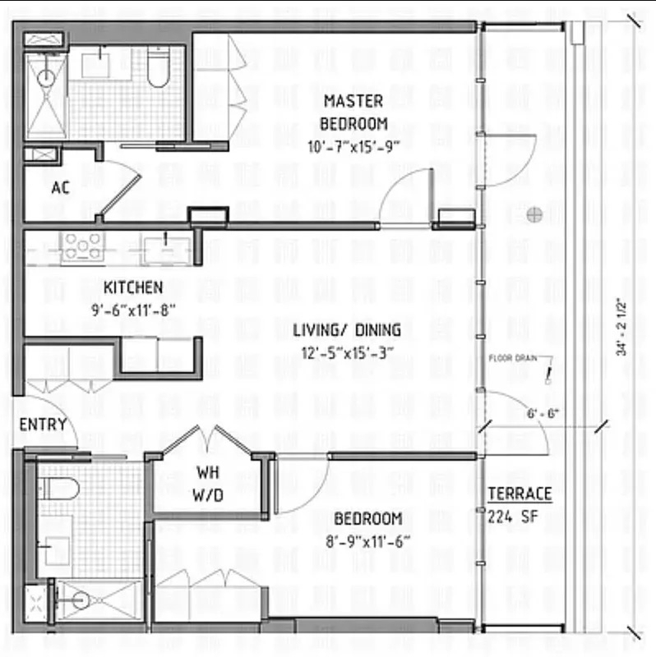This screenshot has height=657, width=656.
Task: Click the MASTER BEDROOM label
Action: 353,113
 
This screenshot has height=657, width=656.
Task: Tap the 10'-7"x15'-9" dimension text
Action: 353,147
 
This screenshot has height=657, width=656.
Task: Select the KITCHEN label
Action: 133,287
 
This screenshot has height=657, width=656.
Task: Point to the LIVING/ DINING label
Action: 346,330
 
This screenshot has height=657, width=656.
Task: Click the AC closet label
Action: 60,188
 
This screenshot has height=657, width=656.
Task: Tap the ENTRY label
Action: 43,425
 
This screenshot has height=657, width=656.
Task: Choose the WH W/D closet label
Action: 208,484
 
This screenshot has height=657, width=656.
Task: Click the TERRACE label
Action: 520,494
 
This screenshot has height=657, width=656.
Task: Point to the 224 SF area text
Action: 513,517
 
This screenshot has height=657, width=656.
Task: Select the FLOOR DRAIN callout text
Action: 513,358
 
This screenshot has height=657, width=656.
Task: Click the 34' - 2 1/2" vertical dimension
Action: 621,327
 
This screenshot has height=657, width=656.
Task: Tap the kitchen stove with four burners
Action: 83,247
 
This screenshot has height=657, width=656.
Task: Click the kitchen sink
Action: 166,251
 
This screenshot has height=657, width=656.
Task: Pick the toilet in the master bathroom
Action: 159,67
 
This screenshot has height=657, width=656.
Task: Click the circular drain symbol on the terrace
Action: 534,214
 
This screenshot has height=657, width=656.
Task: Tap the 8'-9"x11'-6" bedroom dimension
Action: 367,542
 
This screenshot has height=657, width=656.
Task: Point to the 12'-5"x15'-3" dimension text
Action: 347,353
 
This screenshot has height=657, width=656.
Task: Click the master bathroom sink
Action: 96,63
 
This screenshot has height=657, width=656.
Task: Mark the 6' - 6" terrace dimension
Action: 543,414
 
